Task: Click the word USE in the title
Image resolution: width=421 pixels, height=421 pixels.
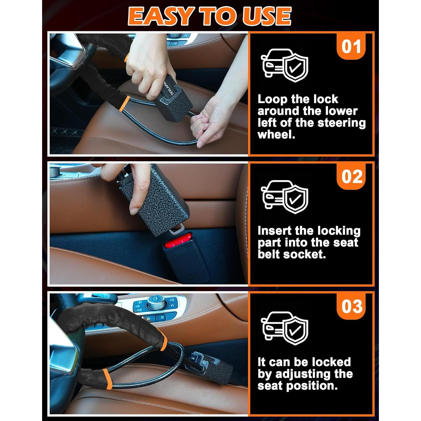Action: tap(267, 16)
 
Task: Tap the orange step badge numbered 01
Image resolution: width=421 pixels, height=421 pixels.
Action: tap(351, 47)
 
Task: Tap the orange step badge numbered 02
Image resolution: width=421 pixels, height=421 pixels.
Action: tap(351, 177)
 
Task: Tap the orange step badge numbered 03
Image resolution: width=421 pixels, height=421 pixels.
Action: tap(351, 306)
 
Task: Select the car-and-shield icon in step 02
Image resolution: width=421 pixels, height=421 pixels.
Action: tap(284, 196)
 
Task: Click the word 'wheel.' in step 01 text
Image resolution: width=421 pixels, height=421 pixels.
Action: tap(276, 135)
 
